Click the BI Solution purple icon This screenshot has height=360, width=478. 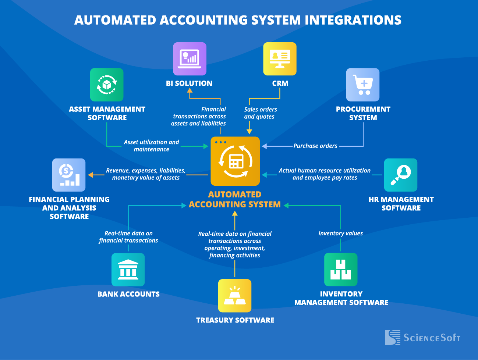[x=190, y=59]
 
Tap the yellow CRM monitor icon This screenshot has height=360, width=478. [x=280, y=59]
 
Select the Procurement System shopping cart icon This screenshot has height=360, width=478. [x=363, y=85]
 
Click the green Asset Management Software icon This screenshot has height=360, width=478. [x=107, y=85]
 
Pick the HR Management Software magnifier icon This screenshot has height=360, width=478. [x=401, y=175]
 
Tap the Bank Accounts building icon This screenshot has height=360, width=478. [x=128, y=270]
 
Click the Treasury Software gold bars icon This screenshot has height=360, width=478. [x=235, y=296]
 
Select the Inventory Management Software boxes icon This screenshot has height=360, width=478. [x=341, y=270]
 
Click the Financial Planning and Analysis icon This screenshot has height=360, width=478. [x=69, y=175]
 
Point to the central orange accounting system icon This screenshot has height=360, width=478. [x=235, y=161]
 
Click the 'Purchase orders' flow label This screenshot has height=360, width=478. [x=315, y=146]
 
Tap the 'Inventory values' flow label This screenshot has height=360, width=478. [x=340, y=233]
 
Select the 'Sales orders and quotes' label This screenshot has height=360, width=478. [x=260, y=113]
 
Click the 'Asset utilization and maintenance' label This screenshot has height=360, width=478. [x=151, y=146]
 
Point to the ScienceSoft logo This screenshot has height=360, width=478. [x=422, y=337]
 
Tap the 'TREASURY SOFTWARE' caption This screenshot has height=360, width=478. [x=235, y=320]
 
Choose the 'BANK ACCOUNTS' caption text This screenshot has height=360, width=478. [x=128, y=294]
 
